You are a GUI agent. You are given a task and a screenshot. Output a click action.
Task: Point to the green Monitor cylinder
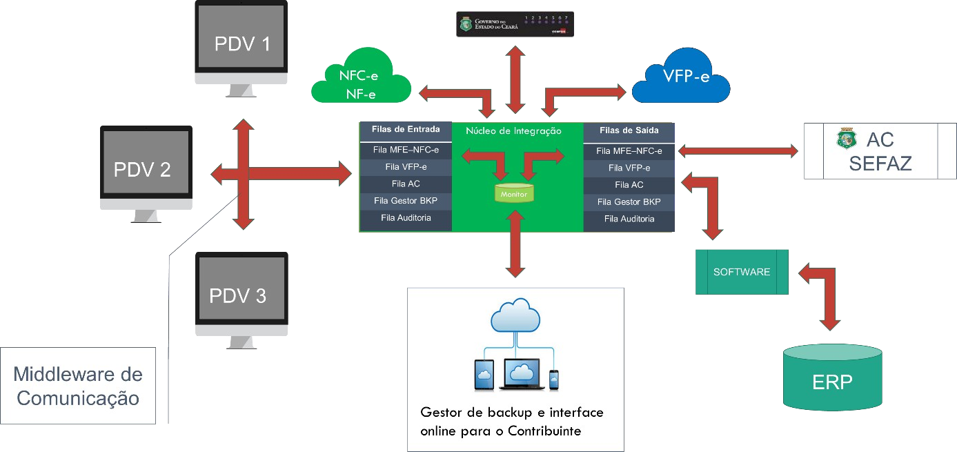(x=514, y=193)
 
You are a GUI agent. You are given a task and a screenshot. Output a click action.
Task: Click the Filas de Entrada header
(x=406, y=130)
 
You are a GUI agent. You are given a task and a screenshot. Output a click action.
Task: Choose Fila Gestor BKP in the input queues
(x=406, y=201)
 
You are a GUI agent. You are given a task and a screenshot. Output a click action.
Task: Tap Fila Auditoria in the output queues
(x=629, y=219)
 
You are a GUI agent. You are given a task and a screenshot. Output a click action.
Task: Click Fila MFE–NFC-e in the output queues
(x=629, y=151)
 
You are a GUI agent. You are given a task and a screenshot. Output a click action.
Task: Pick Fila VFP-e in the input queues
(x=406, y=166)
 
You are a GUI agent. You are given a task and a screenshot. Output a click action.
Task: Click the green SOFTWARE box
(x=741, y=272)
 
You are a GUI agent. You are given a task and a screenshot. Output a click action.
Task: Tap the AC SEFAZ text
(x=880, y=152)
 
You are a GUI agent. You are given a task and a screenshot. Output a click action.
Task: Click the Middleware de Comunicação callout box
(x=78, y=386)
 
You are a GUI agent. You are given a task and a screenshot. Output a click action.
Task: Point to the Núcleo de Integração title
(x=513, y=131)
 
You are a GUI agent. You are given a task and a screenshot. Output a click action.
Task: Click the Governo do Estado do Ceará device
(x=514, y=25)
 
